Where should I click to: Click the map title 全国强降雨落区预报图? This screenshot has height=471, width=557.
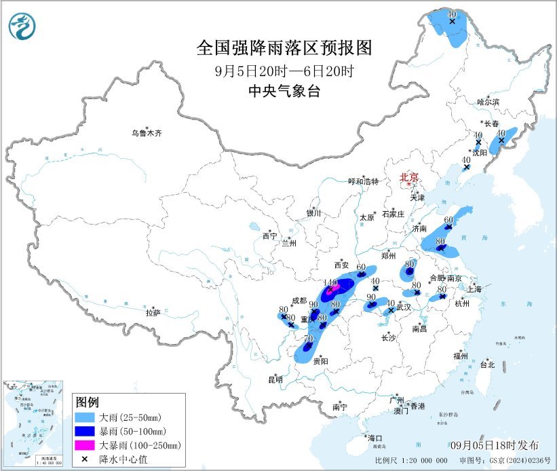(284, 48)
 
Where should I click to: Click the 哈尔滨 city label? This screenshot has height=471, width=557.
(487, 102)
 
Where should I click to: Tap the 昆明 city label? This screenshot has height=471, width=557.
(275, 379)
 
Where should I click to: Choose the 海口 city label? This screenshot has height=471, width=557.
(374, 438)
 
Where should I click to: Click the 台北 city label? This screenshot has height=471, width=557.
(487, 364)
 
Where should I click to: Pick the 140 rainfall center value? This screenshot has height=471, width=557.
(331, 282)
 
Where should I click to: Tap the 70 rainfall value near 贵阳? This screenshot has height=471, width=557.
(308, 339)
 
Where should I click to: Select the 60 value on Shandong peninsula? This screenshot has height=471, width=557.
(448, 220)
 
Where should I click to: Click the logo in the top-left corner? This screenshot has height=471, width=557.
(21, 26)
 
